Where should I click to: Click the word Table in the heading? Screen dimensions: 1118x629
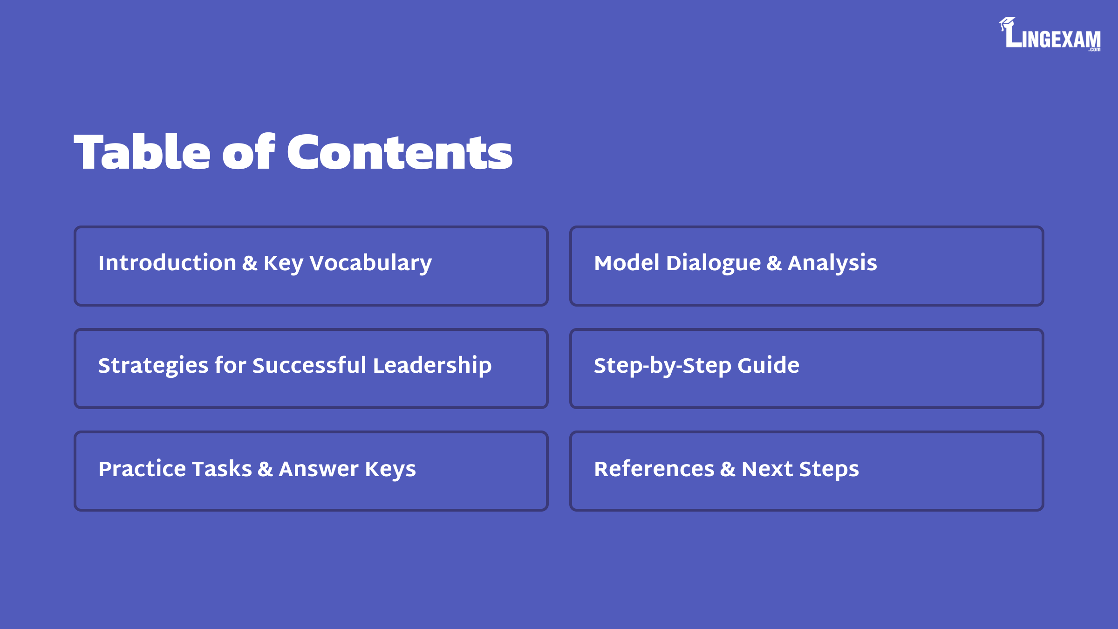click(x=142, y=151)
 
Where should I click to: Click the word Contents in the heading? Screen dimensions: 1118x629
click(x=400, y=151)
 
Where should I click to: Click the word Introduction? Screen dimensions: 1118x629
click(x=167, y=263)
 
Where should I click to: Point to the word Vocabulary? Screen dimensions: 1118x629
click(x=371, y=264)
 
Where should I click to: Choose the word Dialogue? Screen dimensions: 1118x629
click(x=714, y=264)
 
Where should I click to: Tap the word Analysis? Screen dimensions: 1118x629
click(x=832, y=264)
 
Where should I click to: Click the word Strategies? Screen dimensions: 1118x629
click(x=153, y=366)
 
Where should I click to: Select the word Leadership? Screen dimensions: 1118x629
click(x=432, y=366)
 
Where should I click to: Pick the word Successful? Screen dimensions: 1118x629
click(x=309, y=365)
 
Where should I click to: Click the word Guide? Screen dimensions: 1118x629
click(x=769, y=365)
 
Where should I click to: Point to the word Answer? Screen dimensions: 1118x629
click(x=319, y=469)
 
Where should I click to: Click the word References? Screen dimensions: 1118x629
click(x=654, y=469)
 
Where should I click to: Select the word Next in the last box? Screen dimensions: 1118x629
click(x=767, y=469)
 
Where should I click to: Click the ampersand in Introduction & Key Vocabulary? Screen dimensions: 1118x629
click(x=250, y=263)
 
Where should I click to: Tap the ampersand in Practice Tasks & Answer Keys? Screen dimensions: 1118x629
click(x=265, y=469)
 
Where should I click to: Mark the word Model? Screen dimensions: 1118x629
click(x=627, y=263)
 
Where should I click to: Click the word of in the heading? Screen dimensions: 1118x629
click(x=249, y=151)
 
